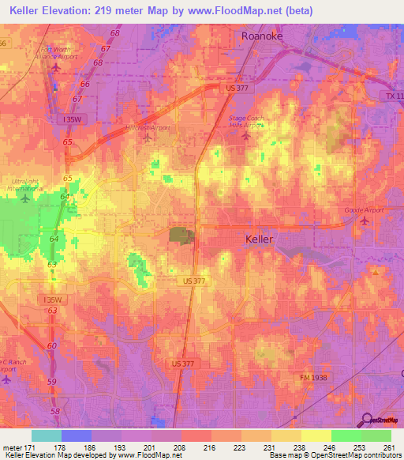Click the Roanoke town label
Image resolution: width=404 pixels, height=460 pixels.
tap(261, 36)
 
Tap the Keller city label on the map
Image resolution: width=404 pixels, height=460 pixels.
tap(260, 238)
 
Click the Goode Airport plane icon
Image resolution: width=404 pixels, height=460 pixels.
tap(363, 220)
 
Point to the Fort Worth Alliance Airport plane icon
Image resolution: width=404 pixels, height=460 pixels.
tap(55, 67)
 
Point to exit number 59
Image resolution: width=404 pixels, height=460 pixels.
tap(53, 382)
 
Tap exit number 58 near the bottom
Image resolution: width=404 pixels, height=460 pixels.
tap(54, 412)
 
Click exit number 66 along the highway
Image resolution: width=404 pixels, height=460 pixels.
tap(85, 84)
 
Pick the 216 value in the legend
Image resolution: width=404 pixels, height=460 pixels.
tap(208, 447)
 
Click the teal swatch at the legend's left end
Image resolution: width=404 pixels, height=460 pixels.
tap(46, 435)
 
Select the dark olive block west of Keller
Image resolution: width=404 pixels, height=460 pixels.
tap(179, 236)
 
